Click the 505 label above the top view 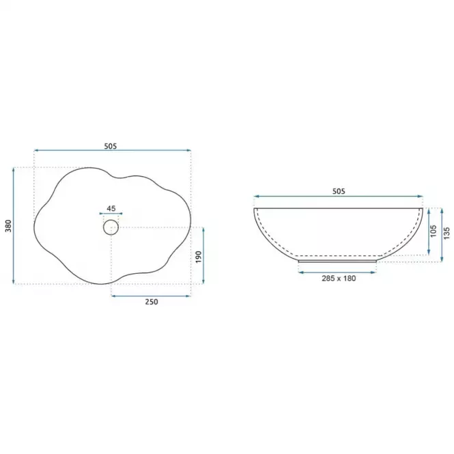111,146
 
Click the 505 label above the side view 339,191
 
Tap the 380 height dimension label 8,226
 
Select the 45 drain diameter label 111,208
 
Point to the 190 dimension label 199,257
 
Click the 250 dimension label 152,302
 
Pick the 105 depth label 433,231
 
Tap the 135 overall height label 446,233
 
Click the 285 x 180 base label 339,279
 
